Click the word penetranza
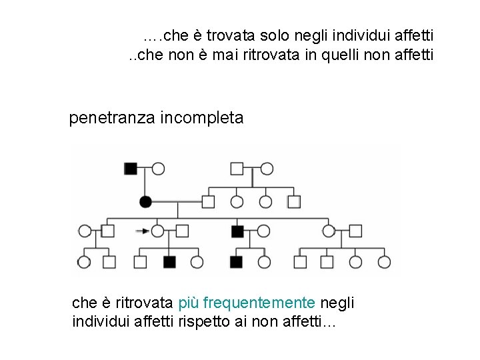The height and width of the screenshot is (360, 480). (111, 119)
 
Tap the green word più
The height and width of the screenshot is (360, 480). (189, 303)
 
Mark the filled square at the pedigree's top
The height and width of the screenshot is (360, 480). (131, 169)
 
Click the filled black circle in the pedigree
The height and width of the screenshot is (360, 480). (146, 201)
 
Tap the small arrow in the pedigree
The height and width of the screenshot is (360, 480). (141, 231)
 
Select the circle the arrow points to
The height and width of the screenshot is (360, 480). (158, 231)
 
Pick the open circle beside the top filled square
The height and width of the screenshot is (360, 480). (158, 169)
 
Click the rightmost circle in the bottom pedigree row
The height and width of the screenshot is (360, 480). (384, 262)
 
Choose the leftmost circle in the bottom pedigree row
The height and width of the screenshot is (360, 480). (85, 262)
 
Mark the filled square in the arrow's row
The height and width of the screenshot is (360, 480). (237, 231)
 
